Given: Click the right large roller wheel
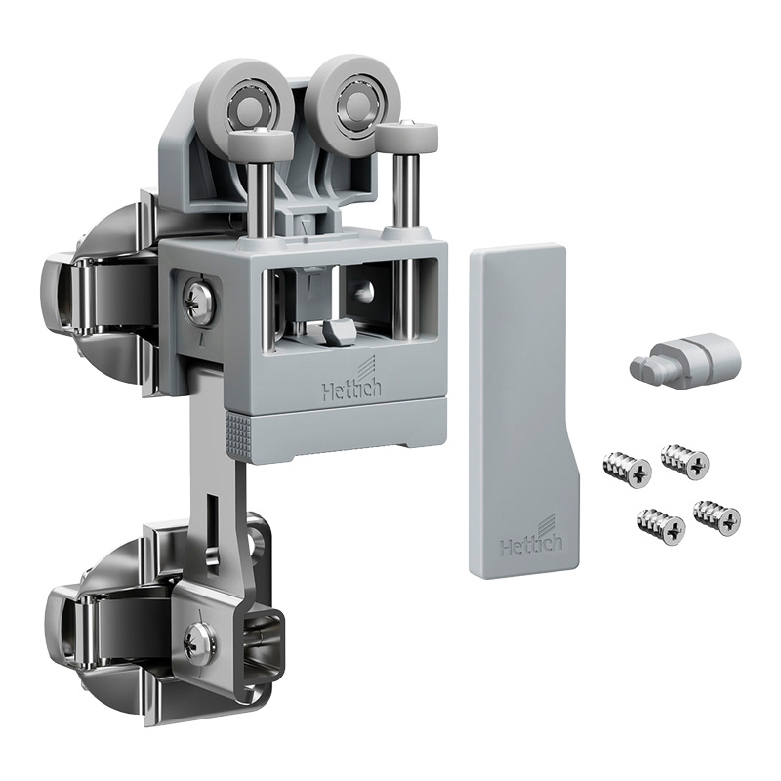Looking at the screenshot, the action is (353, 101).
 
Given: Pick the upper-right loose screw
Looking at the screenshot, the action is (684, 461).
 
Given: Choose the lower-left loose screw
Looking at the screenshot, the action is (661, 526).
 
